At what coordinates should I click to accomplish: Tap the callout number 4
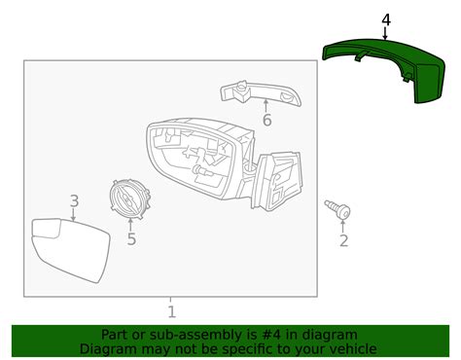[x=385, y=18]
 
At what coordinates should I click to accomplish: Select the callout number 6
[x=266, y=121]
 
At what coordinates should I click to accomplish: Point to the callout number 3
[x=74, y=201]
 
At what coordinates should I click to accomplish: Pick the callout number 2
[x=342, y=239]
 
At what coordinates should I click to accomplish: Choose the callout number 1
[x=171, y=311]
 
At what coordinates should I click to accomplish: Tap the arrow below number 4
[x=385, y=33]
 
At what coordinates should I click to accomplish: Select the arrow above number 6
[x=266, y=105]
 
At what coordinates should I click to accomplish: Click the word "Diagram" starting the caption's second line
[x=109, y=348]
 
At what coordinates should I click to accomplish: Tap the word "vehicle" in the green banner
[x=347, y=348]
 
